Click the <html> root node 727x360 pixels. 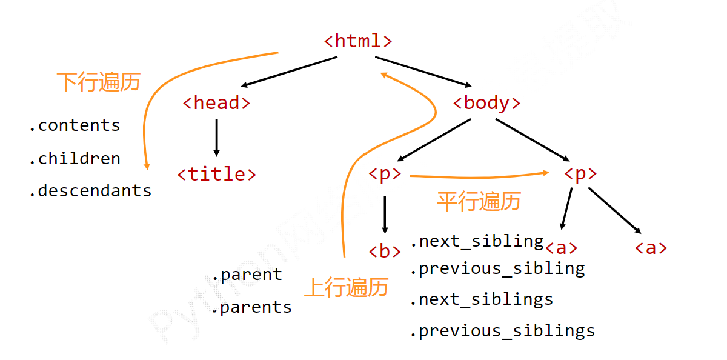(358, 41)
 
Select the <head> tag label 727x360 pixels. (216, 103)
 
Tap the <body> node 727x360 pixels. (486, 103)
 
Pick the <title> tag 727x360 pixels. (216, 175)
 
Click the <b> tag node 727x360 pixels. (385, 251)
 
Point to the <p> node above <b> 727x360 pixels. (385, 175)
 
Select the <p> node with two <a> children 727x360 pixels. (580, 175)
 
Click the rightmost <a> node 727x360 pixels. (651, 248)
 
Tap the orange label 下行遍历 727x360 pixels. (98, 82)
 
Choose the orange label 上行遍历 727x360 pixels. (346, 287)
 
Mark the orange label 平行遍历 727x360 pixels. (479, 201)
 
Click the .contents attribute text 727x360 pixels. (74, 125)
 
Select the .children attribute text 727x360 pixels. (74, 159)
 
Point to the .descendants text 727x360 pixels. (90, 191)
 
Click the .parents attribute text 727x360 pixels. (251, 307)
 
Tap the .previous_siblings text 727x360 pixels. (502, 331)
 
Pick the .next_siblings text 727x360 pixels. (481, 299)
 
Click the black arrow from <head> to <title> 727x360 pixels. (216, 137)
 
